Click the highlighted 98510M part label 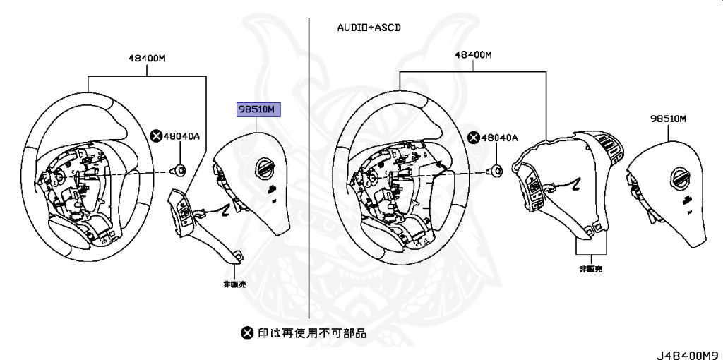point(258,109)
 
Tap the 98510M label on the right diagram point(669,119)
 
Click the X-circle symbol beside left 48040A point(157,136)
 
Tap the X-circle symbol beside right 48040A point(474,137)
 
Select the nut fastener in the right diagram point(496,170)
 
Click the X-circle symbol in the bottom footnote point(246,332)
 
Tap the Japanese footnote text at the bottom point(311,332)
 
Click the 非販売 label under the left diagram point(234,284)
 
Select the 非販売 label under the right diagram point(590,269)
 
